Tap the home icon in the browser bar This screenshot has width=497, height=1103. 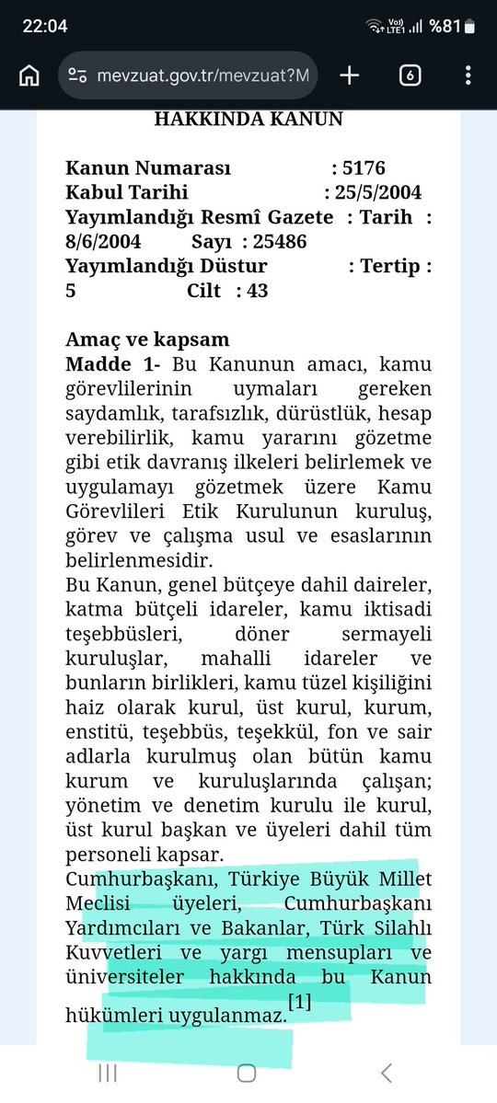(29, 75)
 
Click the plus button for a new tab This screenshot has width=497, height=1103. (349, 75)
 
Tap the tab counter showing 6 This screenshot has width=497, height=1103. (410, 75)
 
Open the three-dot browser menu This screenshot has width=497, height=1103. (468, 75)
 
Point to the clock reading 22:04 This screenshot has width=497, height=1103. (45, 26)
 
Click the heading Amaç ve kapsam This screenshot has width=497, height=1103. (147, 340)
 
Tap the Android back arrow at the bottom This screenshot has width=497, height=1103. (387, 1073)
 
